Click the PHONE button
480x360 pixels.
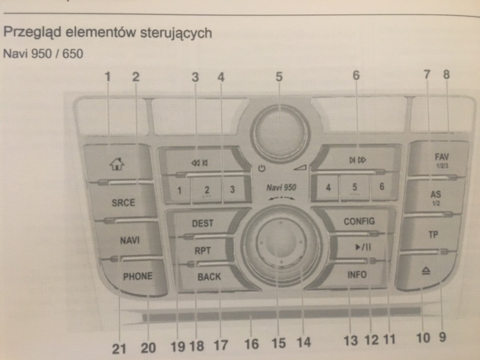(137, 276)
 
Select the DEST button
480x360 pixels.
(202, 223)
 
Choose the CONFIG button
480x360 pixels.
(358, 221)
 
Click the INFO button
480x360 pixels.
(357, 274)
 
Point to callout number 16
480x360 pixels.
(252, 344)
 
